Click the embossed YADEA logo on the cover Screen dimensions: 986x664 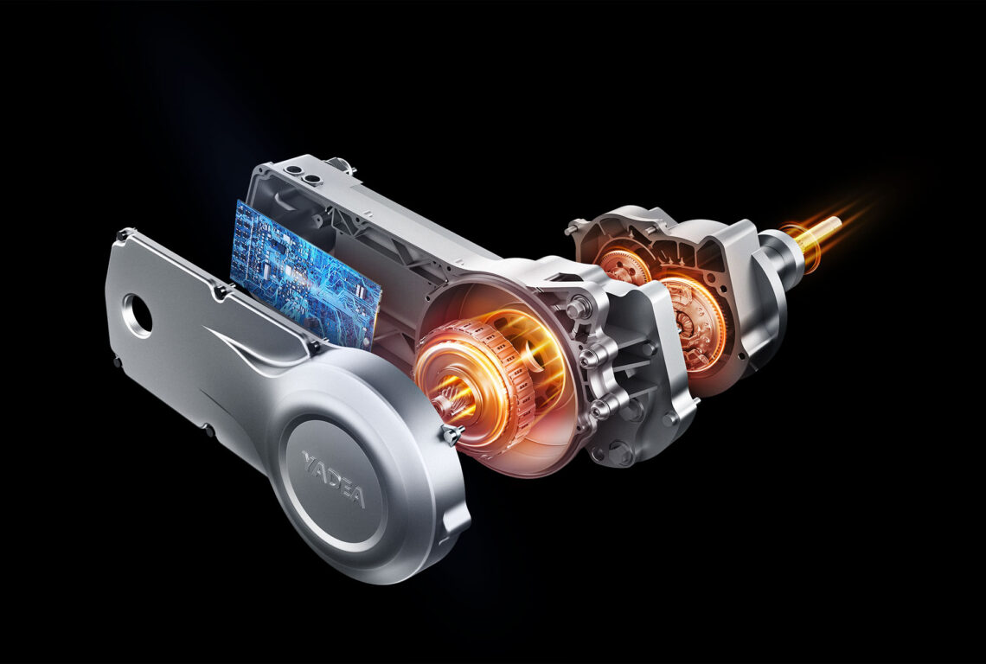[x=333, y=479]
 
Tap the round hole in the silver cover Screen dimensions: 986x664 [x=138, y=316]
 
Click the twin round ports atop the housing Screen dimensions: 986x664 [x=302, y=174]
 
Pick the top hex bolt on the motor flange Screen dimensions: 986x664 [x=577, y=309]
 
